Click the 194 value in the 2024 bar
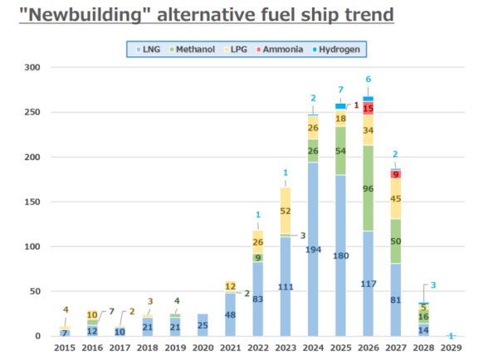tap(313, 249)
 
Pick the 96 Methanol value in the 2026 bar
tap(368, 188)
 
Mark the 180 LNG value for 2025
tap(340, 255)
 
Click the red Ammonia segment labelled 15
tap(368, 109)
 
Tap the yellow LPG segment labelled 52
tap(286, 211)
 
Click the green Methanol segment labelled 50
tap(395, 241)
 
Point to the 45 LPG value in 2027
tap(395, 198)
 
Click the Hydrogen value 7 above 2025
tap(340, 89)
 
